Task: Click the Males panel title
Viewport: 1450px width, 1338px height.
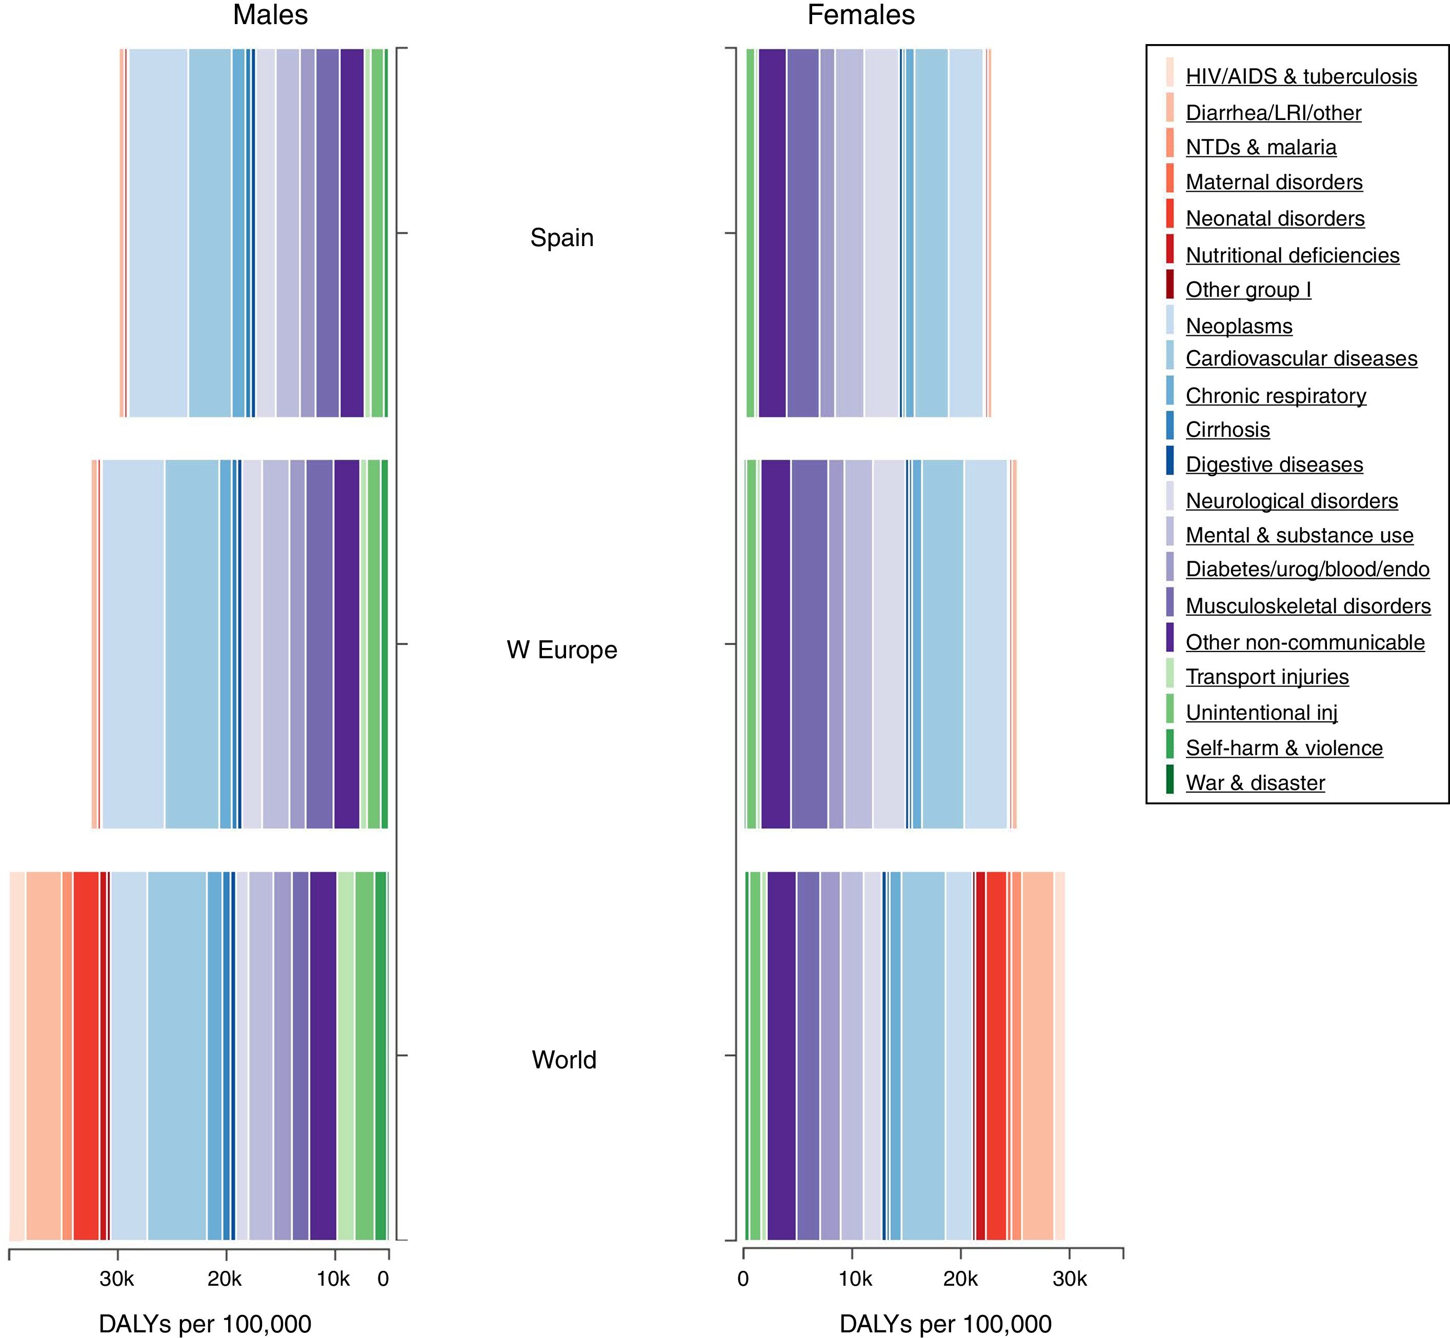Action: click(270, 15)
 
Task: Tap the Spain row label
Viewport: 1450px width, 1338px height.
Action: click(562, 237)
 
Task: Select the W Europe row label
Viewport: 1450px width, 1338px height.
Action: click(562, 650)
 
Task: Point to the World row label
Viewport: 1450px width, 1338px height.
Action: click(563, 1060)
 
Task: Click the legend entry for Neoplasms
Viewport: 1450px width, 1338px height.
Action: click(1239, 327)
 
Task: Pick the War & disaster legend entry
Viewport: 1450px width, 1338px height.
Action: click(1255, 783)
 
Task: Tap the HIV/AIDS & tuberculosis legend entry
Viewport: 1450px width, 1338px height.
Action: click(1301, 77)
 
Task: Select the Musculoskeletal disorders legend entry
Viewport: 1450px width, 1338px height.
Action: click(1307, 606)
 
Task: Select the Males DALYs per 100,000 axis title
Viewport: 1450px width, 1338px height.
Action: click(205, 1324)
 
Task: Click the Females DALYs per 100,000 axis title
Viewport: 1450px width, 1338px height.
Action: click(945, 1324)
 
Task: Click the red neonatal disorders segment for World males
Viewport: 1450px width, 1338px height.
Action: click(86, 1056)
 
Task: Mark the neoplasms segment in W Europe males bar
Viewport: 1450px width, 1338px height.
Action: click(133, 644)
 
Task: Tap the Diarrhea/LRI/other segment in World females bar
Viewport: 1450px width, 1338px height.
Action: click(1037, 1056)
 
